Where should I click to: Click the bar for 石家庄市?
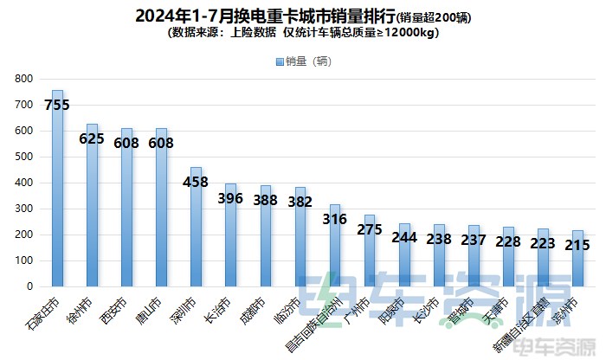coord(58,199)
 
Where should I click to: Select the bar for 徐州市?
coord(93,216)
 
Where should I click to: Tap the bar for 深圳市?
coord(197,234)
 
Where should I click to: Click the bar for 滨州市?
coord(577,260)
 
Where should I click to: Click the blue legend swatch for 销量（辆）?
coord(279,61)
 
